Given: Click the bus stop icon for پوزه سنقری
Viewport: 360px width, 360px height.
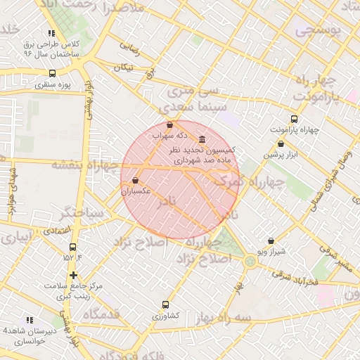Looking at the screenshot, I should click(x=53, y=73).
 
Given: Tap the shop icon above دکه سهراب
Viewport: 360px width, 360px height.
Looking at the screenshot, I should click(x=169, y=124).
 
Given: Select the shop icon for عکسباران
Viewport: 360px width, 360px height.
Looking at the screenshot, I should click(x=134, y=181).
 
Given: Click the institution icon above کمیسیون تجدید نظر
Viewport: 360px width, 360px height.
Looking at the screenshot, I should click(x=202, y=139).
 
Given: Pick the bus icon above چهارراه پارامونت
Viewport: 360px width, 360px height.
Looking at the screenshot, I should click(x=294, y=119).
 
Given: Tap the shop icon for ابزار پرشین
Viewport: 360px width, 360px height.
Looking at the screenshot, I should click(x=281, y=144).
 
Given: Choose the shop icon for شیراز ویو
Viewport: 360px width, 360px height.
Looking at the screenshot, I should click(x=271, y=241).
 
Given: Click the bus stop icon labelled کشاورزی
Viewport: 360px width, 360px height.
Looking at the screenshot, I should click(x=165, y=305).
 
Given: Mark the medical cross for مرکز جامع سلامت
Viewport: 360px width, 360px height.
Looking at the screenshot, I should click(x=73, y=275).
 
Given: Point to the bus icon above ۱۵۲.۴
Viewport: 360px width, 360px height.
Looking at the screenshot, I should click(x=73, y=247).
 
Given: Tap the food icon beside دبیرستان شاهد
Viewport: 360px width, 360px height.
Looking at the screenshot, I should click(x=29, y=320).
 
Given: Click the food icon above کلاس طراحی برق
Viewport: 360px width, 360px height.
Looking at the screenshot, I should click(x=51, y=33).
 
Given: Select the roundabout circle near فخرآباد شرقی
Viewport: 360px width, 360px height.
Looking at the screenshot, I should click(x=250, y=262).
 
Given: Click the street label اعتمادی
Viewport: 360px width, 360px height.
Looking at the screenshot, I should click(x=56, y=230).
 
